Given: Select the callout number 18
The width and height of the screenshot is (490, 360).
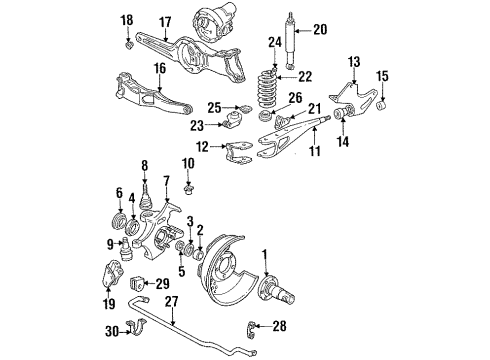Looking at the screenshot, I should coord(127,20).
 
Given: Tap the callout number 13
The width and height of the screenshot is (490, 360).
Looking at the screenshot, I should coord(351,62).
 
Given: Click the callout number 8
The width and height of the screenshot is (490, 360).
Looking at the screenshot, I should coord(145,165).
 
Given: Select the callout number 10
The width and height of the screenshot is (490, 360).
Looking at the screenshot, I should coord(189,163).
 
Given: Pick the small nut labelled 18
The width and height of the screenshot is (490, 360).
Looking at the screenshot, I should coord(128,43).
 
